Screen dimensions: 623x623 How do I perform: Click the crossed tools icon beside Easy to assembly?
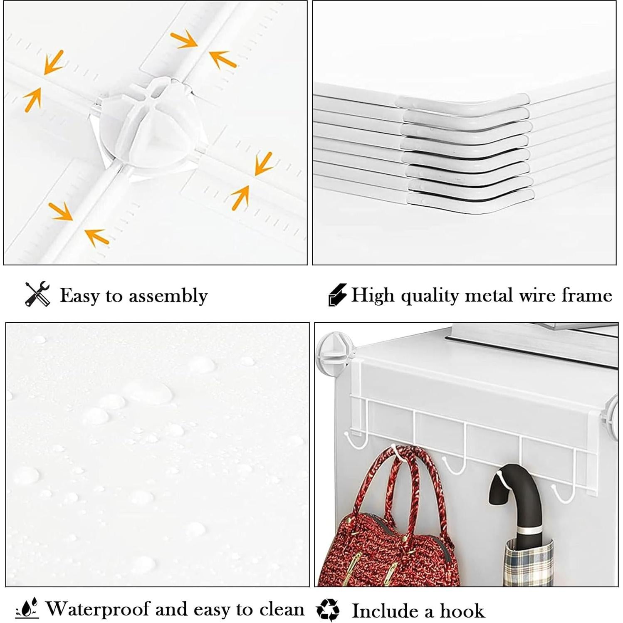coord(37,294)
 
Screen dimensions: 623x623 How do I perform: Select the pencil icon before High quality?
coord(337,295)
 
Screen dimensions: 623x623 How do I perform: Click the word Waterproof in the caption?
coord(97,609)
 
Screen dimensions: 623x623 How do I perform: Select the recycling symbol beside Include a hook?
coord(328,610)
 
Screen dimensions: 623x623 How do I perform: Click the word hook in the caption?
coord(462,611)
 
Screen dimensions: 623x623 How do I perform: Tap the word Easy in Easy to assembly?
coord(79,296)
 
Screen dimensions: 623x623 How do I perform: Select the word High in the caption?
coord(373,295)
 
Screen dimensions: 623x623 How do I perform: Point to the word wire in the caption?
coord(537,295)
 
